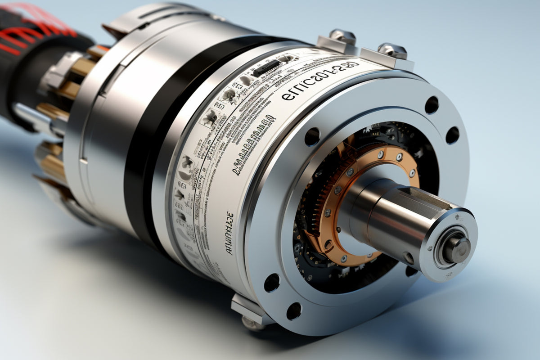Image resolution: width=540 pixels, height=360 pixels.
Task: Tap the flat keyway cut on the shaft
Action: (x=432, y=198)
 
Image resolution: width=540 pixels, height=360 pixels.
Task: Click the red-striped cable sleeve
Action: (x=31, y=31)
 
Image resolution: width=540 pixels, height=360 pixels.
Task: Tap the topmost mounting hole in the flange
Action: (x=432, y=105)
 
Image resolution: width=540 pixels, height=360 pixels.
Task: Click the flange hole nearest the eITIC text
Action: (x=312, y=136)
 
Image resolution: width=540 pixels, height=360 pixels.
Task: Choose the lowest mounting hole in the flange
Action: (x=293, y=311)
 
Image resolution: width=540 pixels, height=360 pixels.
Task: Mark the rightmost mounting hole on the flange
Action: (x=452, y=135)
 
